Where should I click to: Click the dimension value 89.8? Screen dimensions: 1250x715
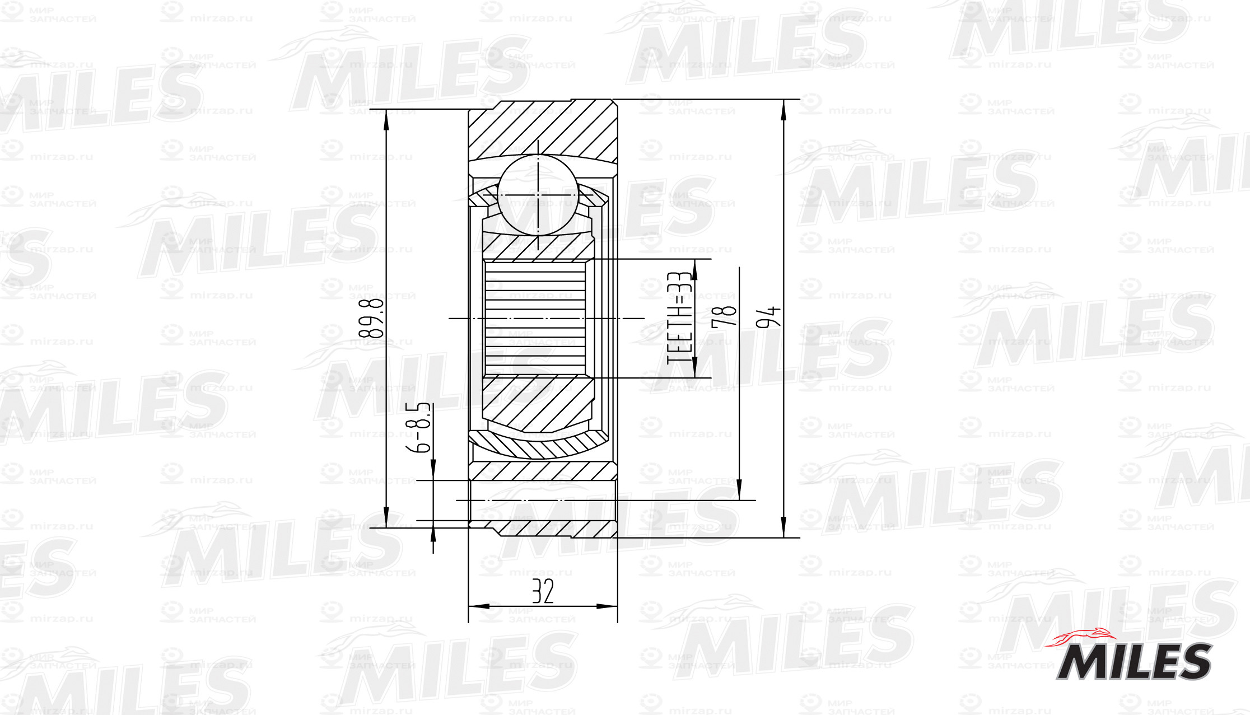coord(371,317)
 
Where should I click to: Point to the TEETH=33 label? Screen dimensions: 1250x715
coord(679,317)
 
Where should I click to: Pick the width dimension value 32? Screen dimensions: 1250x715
coord(543,591)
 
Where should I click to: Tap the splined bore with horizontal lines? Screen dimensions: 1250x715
coord(535,319)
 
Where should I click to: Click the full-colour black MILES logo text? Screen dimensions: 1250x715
coord(1134,661)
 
